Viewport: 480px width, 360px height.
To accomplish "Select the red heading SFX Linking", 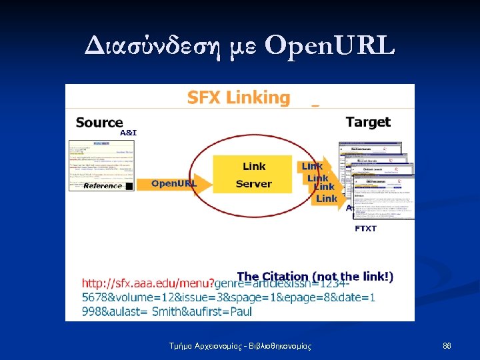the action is coord(239,98).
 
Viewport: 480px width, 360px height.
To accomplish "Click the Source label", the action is coord(99,122).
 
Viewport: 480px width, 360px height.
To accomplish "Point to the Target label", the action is coord(368,122).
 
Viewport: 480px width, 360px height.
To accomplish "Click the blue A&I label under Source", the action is coord(128,133).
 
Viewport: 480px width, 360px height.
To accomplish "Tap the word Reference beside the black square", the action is coord(103,185).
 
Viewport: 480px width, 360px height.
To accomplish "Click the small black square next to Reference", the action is coord(129,186).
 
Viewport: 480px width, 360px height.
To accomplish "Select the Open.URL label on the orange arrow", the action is coord(174,183).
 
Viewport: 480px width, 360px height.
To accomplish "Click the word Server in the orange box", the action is coord(254,183).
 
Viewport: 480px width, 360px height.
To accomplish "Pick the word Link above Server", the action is coord(254,166).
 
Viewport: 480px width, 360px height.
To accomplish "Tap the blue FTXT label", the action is coord(365,229).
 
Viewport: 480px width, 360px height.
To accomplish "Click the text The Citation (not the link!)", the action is coord(315,276).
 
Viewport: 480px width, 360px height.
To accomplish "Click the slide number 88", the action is coord(447,346).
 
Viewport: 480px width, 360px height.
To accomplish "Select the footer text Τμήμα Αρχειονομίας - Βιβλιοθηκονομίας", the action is coord(240,346).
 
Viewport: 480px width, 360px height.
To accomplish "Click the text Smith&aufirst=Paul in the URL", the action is coord(202,311).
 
